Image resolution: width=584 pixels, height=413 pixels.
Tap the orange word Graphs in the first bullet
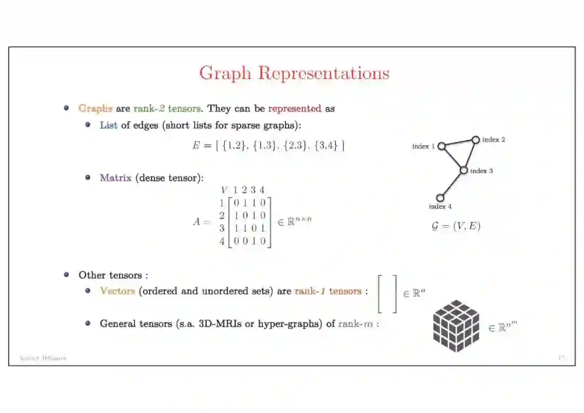coord(95,108)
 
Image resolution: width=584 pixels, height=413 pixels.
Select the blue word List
coord(108,126)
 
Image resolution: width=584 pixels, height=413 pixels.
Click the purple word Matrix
coord(115,178)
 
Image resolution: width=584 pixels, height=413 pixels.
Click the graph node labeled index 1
coord(441,146)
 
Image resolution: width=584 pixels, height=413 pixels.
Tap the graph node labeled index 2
coord(475,140)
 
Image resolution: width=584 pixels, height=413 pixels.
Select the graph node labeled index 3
coord(463,171)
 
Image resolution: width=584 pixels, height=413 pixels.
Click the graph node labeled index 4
coord(440,198)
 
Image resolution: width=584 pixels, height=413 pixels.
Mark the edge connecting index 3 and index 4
coord(452,184)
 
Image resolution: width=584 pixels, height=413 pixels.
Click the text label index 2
coord(494,140)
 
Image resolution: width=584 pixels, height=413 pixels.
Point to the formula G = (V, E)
coord(456,226)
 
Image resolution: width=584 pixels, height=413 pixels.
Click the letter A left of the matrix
coord(197,222)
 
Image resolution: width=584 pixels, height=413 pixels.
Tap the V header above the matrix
coord(224,190)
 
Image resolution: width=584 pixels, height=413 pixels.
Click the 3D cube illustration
coord(456,326)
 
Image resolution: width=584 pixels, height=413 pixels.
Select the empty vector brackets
coord(387,294)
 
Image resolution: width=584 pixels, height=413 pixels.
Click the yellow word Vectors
coord(117,291)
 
